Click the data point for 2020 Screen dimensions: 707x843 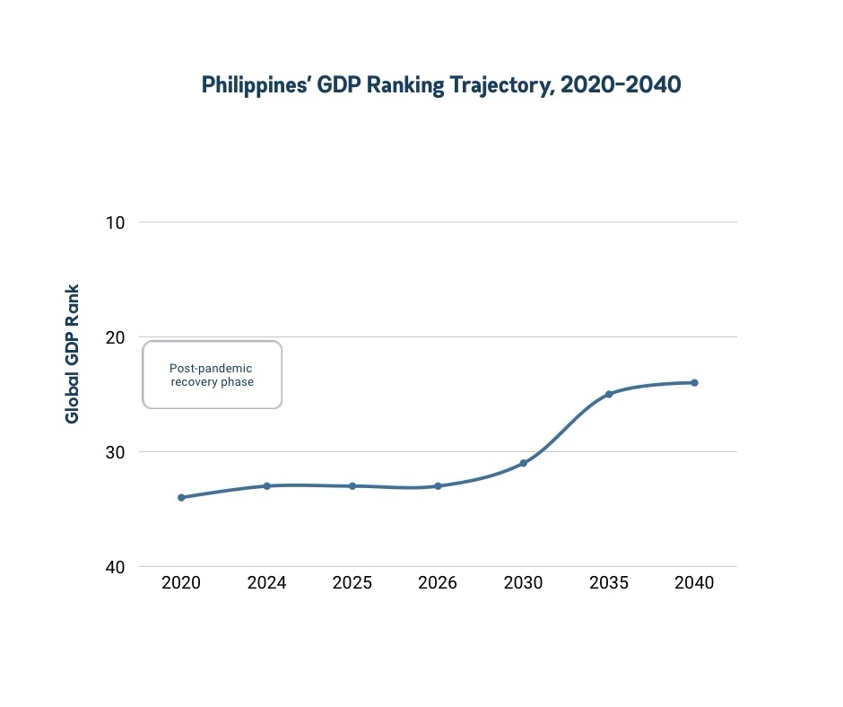tap(181, 497)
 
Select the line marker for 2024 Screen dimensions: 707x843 tap(266, 485)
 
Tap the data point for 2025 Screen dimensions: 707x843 tap(352, 485)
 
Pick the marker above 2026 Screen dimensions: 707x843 tap(438, 485)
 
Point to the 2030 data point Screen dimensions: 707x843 tap(523, 463)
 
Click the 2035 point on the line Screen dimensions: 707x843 tap(609, 394)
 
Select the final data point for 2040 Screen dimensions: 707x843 tap(694, 382)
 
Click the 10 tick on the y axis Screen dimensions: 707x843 tap(115, 222)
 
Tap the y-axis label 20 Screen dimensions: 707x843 tap(115, 336)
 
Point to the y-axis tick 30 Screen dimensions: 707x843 tap(115, 451)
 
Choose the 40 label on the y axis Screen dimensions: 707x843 tap(115, 566)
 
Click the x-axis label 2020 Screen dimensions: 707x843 tap(181, 583)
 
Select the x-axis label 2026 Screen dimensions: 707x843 tap(438, 583)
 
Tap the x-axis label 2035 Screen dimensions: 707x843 tap(609, 583)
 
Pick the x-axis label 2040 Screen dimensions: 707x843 tap(694, 583)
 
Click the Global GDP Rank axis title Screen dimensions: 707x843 tap(73, 353)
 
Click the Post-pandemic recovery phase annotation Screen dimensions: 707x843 tap(212, 375)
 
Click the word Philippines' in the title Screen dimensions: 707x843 tap(251, 86)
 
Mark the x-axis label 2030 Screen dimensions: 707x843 tap(523, 583)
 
